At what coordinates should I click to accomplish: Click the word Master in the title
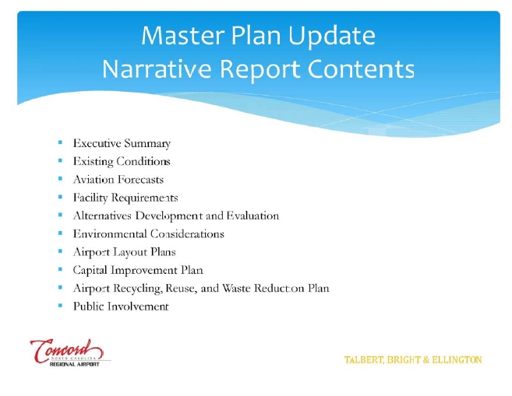[183, 35]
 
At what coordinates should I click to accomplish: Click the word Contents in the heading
[361, 68]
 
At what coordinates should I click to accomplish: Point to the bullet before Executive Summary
[60, 142]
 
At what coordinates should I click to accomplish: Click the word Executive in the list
[97, 143]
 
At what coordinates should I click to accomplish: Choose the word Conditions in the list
[143, 161]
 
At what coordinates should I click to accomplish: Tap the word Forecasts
[141, 179]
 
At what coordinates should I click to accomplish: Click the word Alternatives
[102, 216]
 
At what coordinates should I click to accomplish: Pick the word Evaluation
[252, 216]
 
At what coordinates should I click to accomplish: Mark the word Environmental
[110, 233]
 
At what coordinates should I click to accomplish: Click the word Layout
[130, 252]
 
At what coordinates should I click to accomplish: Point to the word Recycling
[138, 289]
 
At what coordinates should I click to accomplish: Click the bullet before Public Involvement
[60, 306]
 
